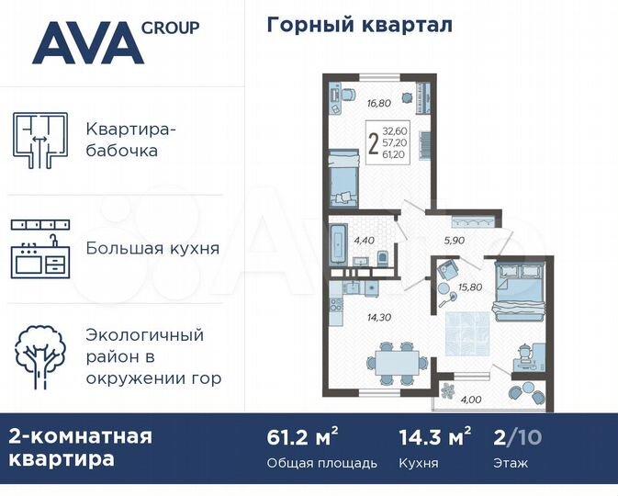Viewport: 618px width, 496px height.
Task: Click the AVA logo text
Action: point(89,44)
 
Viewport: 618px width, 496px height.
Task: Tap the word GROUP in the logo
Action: point(170,28)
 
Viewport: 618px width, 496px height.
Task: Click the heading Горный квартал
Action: point(359,25)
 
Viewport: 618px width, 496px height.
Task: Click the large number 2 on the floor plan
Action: point(373,146)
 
